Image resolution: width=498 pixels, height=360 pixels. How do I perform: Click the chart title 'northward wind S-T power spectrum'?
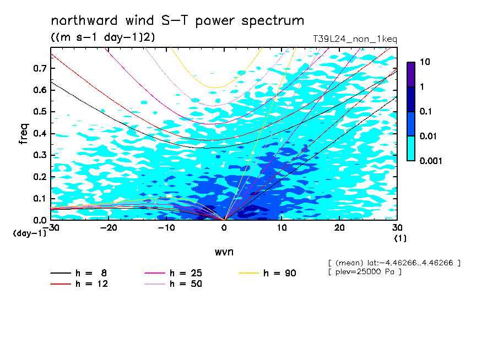click(177, 20)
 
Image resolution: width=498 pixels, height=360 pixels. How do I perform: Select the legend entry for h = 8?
click(78, 273)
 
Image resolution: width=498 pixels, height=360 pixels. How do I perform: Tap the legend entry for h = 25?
click(173, 273)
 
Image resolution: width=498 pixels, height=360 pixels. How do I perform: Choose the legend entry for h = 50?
click(173, 284)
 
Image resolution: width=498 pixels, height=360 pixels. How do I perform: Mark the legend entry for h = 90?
click(267, 273)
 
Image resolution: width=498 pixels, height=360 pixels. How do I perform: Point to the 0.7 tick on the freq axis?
click(40, 68)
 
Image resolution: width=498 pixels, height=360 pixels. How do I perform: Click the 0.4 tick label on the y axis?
click(40, 133)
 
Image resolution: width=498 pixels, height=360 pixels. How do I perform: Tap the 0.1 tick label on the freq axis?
click(40, 198)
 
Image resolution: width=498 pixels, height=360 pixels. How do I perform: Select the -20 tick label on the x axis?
click(109, 228)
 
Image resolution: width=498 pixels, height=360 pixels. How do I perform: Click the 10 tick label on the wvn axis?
click(282, 228)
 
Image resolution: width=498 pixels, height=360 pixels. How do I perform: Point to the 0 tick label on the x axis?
click(224, 228)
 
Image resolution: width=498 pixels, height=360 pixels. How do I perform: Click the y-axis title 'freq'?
click(24, 134)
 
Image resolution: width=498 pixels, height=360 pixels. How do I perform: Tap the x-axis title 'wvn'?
click(224, 252)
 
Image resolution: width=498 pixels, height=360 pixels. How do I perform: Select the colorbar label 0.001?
click(431, 161)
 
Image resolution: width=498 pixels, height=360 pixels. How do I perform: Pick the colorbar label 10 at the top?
click(425, 62)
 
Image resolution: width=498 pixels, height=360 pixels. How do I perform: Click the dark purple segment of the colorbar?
click(411, 74)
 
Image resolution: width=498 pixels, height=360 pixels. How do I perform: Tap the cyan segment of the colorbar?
click(411, 148)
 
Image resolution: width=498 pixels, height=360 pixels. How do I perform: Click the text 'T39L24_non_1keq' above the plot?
click(355, 39)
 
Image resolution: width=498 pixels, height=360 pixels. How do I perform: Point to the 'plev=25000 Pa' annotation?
click(365, 272)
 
